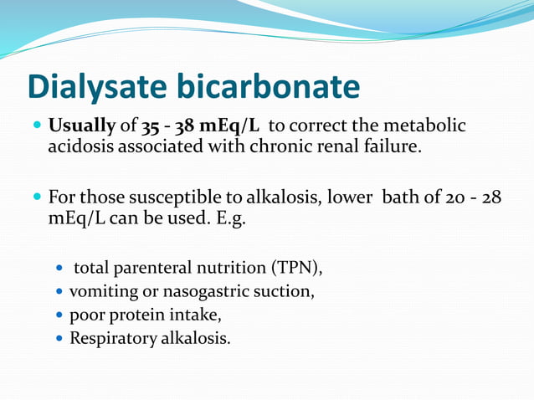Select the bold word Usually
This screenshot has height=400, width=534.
pyautogui.click(x=82, y=127)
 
